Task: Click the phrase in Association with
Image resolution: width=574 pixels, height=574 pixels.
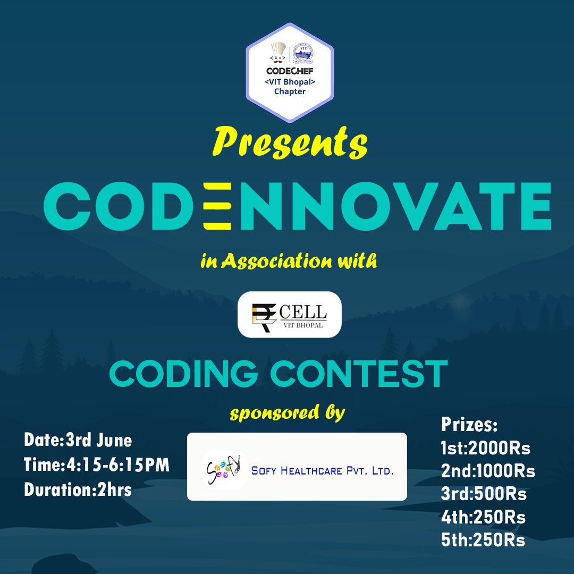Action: click(x=289, y=261)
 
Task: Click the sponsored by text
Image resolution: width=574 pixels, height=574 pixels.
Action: click(x=287, y=413)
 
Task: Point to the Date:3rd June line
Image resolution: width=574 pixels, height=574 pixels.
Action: click(x=78, y=441)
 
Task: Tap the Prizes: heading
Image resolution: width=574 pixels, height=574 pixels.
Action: click(x=469, y=425)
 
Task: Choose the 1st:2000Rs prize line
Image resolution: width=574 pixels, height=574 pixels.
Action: click(x=485, y=449)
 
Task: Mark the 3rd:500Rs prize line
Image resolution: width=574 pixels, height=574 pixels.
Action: click(x=483, y=494)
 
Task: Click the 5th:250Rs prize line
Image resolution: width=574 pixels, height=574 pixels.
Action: click(x=483, y=541)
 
